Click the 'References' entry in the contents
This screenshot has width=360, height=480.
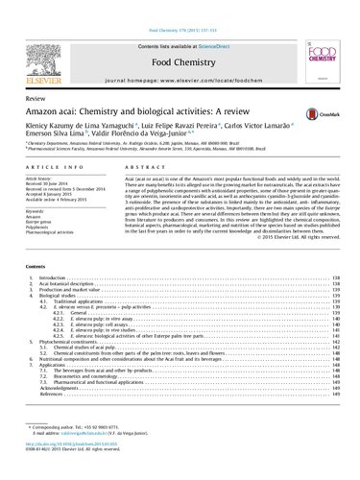[x=53, y=439]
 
